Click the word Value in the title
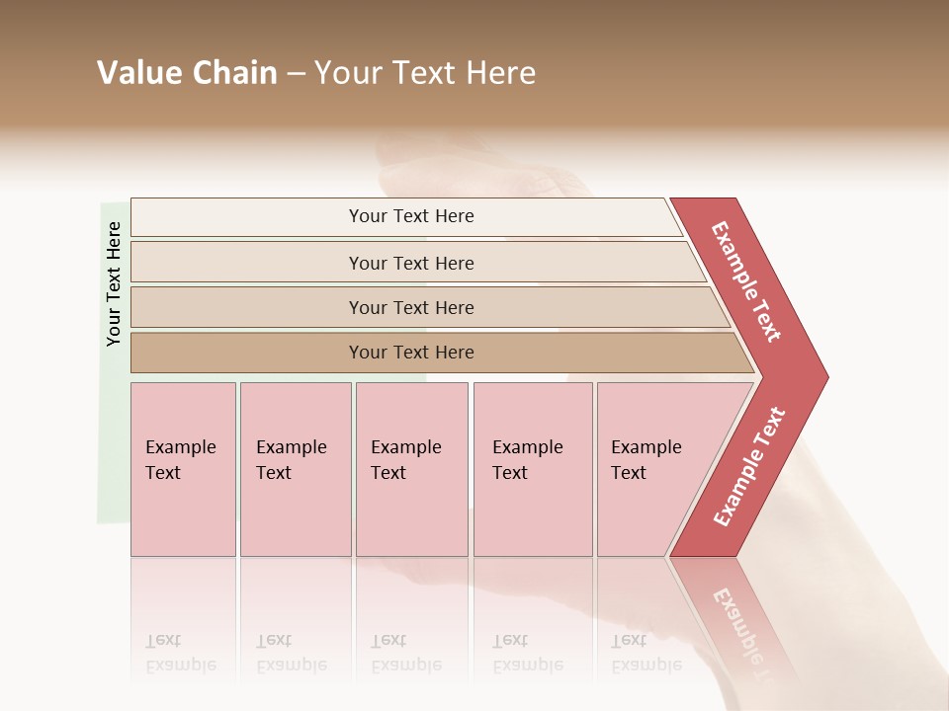tap(137, 73)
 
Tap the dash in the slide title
tap(296, 74)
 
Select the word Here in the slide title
tap(500, 73)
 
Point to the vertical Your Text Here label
tap(114, 283)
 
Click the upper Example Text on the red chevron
tap(746, 281)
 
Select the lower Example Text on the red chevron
tap(749, 466)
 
